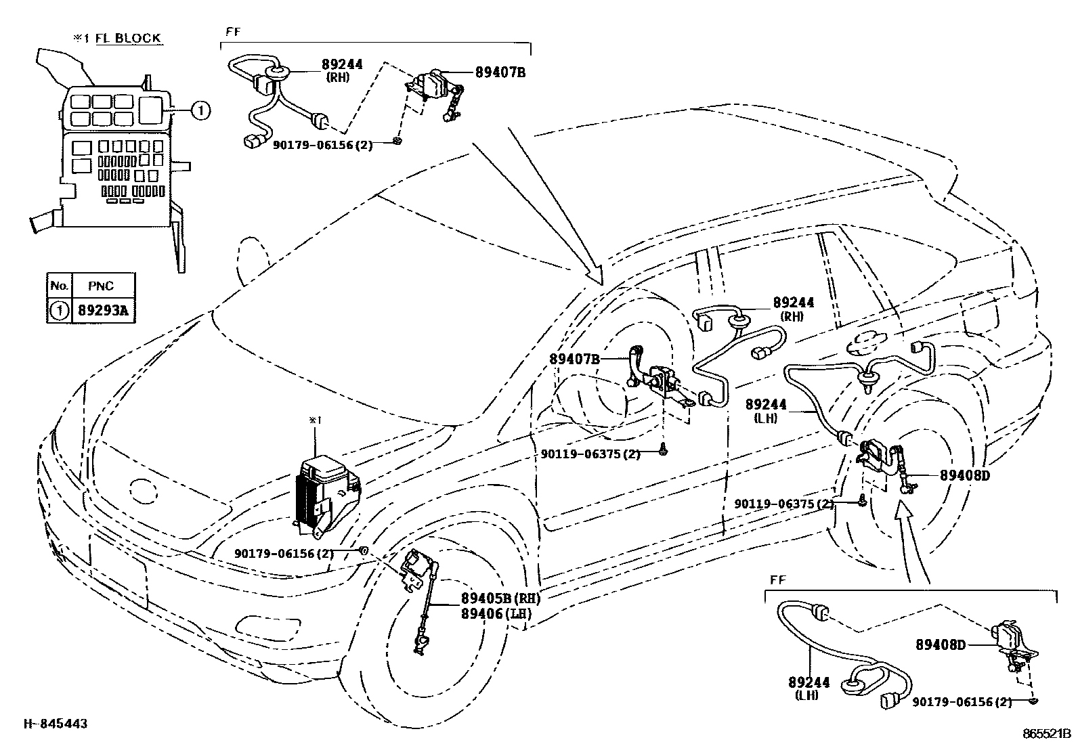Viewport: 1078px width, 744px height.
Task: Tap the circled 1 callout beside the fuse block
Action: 200,110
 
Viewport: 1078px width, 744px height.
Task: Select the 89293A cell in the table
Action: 102,311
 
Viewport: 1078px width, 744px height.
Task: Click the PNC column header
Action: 101,286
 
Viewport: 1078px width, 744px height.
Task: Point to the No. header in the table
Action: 59,286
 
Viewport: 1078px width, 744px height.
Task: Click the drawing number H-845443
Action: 56,724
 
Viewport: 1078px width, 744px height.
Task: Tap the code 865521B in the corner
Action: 1046,733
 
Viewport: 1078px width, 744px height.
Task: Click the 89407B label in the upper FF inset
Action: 500,71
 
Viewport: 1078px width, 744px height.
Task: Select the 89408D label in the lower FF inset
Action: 940,645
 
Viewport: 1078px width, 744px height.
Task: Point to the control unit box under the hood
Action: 325,491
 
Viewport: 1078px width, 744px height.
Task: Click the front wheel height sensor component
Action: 420,582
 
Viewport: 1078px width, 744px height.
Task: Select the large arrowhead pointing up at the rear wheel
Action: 906,515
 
